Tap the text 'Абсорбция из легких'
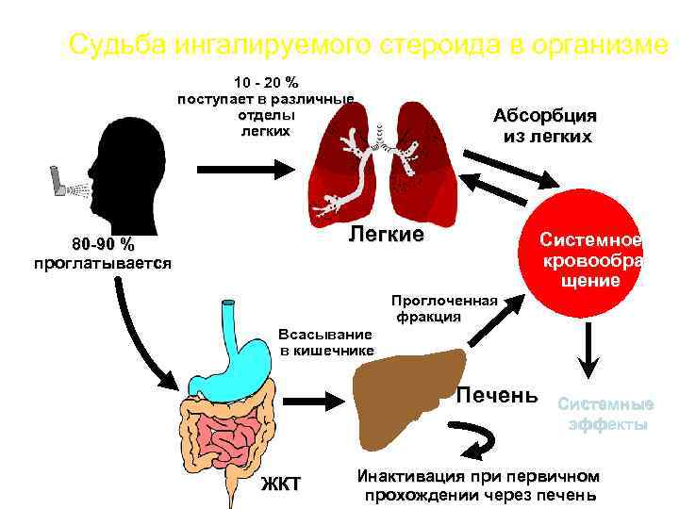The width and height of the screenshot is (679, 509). pyautogui.click(x=547, y=126)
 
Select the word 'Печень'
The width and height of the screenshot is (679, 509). pyautogui.click(x=496, y=393)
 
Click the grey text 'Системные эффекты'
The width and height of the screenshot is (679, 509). pyautogui.click(x=605, y=414)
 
